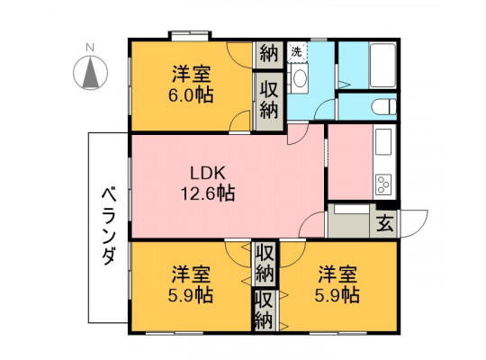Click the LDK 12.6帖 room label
[207, 184]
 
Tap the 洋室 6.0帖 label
[191, 85]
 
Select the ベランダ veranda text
[109, 226]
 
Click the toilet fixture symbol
[383, 107]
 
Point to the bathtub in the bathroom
[382, 65]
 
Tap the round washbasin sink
[300, 77]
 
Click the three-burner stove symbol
[383, 184]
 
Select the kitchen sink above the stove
[383, 141]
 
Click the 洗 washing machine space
[297, 52]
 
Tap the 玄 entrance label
[385, 223]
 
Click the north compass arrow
[91, 74]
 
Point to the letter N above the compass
[90, 48]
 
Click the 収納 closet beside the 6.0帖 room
[268, 102]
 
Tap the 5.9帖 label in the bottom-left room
[190, 295]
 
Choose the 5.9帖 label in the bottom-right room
[337, 295]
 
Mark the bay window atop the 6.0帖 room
[190, 35]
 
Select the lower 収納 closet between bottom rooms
[264, 310]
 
